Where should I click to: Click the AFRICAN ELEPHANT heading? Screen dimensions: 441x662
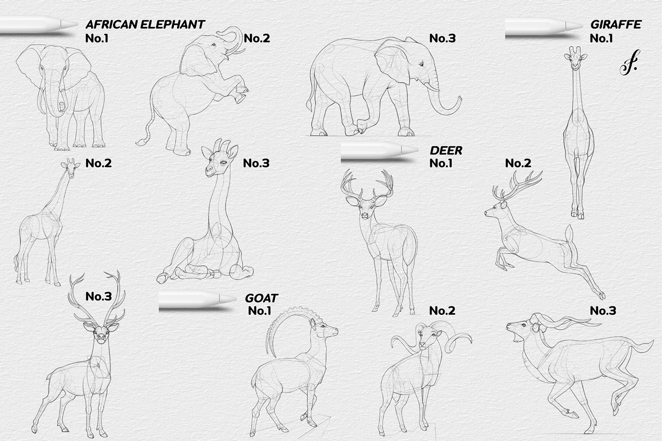[x=145, y=25]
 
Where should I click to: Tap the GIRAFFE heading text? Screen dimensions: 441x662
[x=616, y=25]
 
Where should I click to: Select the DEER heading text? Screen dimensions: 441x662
[x=446, y=150]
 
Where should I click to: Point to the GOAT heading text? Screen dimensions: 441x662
[x=261, y=298]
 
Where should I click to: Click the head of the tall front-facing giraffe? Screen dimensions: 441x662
[x=575, y=58]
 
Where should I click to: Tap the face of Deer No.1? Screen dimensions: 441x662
[x=365, y=208]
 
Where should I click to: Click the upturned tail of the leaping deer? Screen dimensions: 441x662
[x=569, y=234]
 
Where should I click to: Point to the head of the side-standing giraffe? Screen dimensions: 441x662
[x=68, y=165]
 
